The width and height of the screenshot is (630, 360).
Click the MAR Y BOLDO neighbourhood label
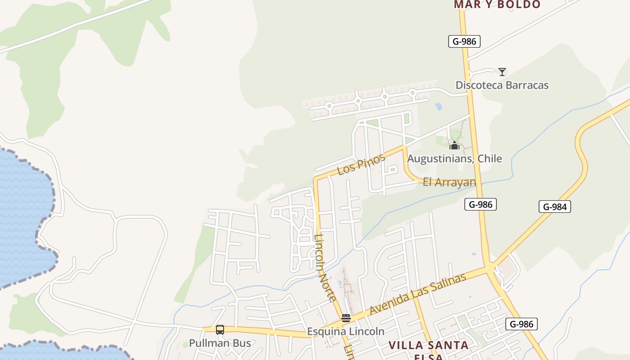pos(497,5)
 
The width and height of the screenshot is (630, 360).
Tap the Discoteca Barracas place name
pos(502,85)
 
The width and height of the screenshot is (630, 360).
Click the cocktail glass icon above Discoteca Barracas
pos(502,72)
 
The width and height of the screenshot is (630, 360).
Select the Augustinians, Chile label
pos(454,159)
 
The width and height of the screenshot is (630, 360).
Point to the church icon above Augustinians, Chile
pos(454,145)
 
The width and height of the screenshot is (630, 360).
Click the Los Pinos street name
pos(361,164)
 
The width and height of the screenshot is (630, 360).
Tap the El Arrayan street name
pos(449,182)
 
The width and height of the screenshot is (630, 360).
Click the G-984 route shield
pos(554,207)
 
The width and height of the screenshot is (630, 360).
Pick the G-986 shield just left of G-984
pos(481,205)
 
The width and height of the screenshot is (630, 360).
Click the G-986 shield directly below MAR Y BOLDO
pos(464,42)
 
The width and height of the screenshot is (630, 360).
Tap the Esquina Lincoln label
pos(346,332)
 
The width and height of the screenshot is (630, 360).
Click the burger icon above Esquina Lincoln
pos(346,318)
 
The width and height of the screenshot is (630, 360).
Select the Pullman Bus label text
pos(220,343)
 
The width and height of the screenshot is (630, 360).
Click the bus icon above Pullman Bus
pos(220,329)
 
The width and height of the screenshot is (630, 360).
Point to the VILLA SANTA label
pos(428,345)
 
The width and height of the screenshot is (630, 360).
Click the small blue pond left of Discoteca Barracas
pos(438,107)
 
